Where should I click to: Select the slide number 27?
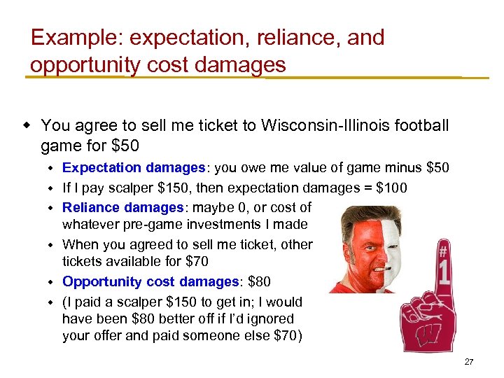[x=469, y=362]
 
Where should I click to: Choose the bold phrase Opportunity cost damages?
[x=150, y=281]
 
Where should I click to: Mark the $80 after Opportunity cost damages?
[x=260, y=281]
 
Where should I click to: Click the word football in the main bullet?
[x=417, y=126]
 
